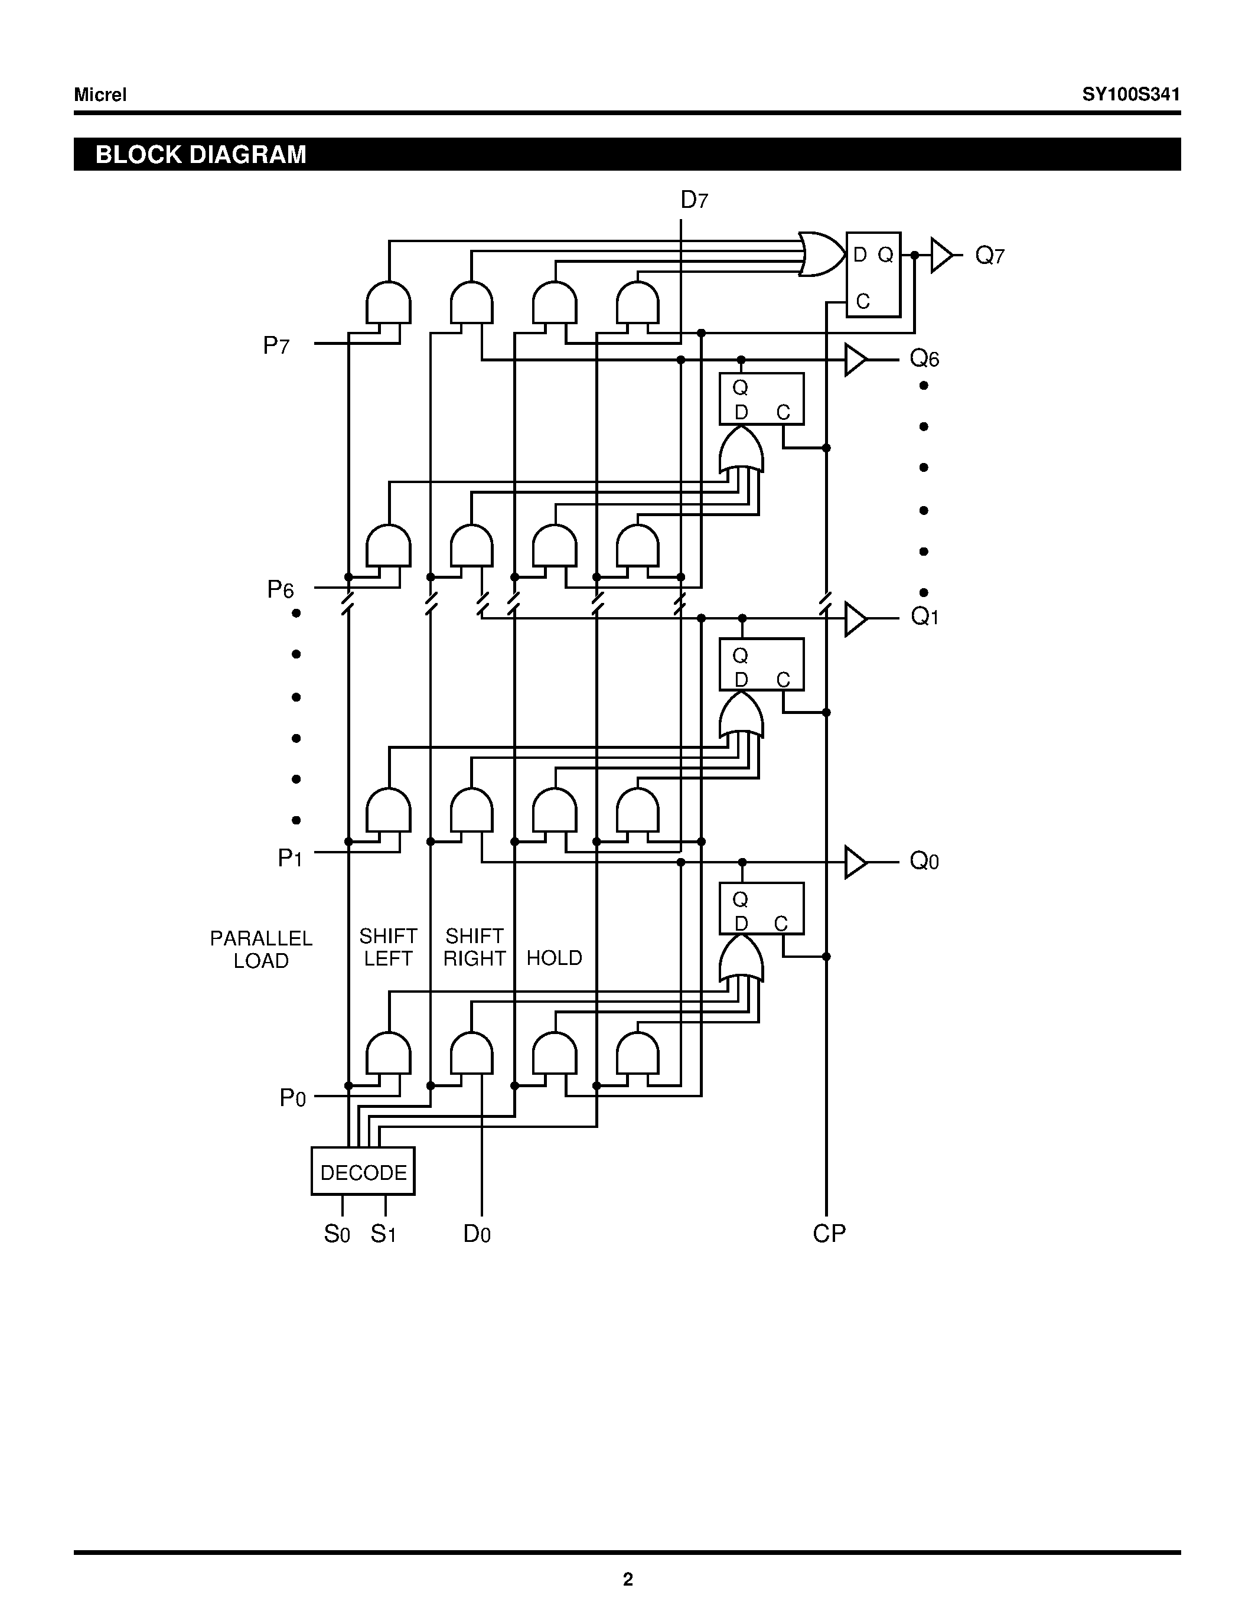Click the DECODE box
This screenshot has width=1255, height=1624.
coord(363,1173)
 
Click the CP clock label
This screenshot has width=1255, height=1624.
coord(829,1234)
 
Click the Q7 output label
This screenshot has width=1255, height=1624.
coord(990,256)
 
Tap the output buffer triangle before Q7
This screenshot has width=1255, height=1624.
coord(940,255)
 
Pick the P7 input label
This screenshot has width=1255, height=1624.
coord(276,345)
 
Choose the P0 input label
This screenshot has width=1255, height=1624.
coord(292,1098)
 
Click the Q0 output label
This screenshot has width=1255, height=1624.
coord(924,861)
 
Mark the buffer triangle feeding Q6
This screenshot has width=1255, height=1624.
coord(855,360)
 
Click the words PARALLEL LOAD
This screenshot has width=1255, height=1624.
coord(261,950)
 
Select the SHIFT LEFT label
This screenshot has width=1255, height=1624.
coord(388,947)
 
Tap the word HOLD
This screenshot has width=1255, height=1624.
coord(554,958)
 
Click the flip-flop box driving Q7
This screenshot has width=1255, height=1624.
coord(873,275)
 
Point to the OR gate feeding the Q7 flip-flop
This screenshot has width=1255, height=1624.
coord(821,255)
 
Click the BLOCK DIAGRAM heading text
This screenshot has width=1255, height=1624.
coord(201,155)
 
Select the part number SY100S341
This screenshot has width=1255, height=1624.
coord(1130,94)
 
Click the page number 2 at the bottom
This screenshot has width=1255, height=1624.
coord(627,1579)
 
